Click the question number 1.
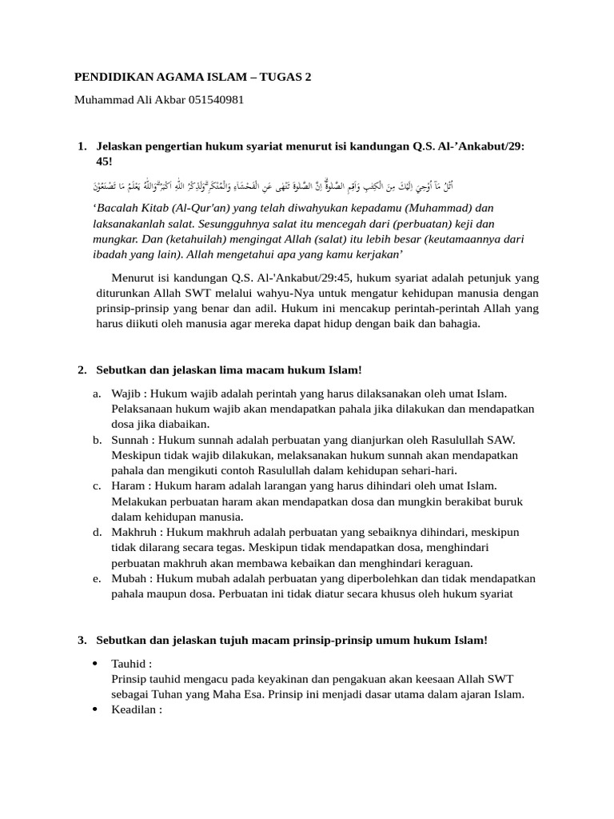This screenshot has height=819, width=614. (x=82, y=146)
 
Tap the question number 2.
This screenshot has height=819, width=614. (x=82, y=370)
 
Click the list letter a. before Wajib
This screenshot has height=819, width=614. (x=96, y=394)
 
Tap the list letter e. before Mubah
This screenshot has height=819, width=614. (x=96, y=578)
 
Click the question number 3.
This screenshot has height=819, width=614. (x=82, y=641)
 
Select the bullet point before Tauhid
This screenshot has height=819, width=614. (x=95, y=664)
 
